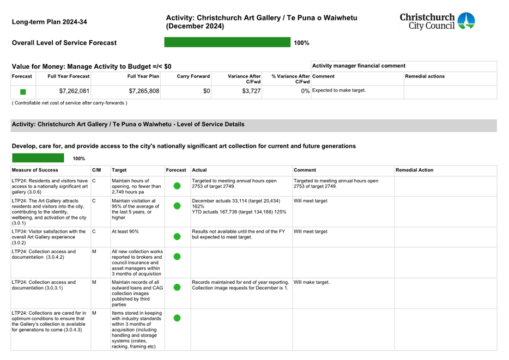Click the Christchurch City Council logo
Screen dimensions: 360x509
(437, 21)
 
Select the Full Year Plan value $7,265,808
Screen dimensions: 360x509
(144, 91)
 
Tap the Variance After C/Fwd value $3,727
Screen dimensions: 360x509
(250, 91)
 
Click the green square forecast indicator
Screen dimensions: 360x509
(23, 92)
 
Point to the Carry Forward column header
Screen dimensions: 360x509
(193, 77)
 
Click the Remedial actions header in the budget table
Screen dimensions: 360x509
(425, 77)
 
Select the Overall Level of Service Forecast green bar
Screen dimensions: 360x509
(227, 42)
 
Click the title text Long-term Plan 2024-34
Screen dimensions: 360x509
(49, 22)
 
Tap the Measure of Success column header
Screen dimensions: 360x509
(35, 170)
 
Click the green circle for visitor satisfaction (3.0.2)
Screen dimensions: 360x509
(177, 236)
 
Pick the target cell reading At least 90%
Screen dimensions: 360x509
(125, 231)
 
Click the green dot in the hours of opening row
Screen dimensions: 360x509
(177, 186)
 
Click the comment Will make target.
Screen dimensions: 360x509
(311, 283)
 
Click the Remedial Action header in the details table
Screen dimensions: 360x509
(415, 170)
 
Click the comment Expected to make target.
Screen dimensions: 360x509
(338, 90)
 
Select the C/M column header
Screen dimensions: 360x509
(96, 170)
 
